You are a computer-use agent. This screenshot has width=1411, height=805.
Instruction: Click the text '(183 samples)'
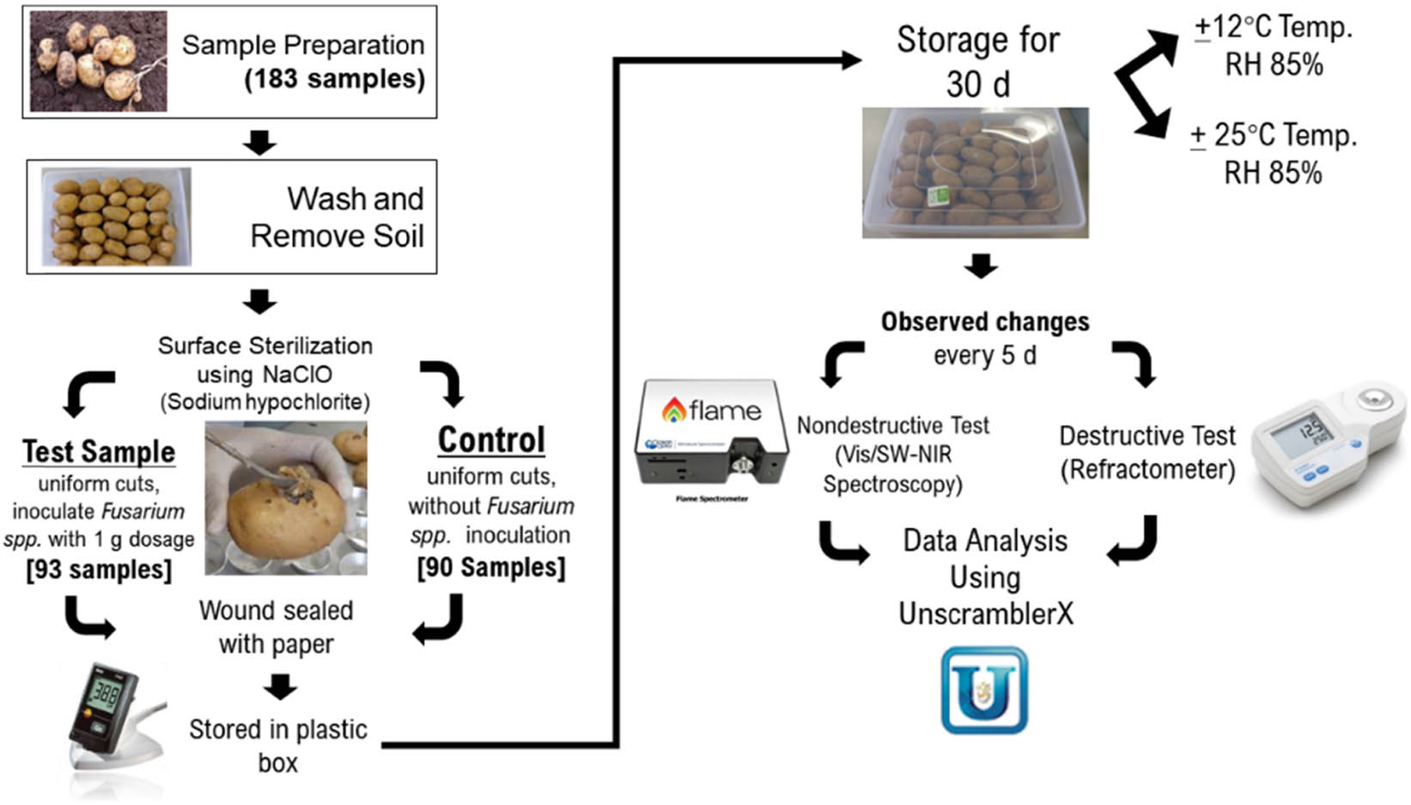334,79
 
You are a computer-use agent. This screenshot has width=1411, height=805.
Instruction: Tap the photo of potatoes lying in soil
98,61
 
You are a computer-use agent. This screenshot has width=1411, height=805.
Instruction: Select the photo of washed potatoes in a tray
116,216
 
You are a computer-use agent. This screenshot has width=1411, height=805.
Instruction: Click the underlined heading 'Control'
491,440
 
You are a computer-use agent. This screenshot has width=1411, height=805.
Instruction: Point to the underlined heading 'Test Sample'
99,451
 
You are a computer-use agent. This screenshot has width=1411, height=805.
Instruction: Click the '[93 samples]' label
99,569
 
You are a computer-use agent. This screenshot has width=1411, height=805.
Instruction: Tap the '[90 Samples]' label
491,567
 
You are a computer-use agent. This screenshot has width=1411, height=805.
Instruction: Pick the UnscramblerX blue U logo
984,691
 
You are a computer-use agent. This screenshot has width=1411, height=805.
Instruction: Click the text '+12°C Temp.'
1273,27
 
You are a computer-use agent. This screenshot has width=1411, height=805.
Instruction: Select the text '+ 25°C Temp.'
1273,135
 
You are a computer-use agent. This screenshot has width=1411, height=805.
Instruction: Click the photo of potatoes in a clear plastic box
975,173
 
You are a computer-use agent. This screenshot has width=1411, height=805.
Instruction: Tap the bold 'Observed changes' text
985,321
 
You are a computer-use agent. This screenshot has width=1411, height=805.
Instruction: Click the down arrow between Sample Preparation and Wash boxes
259,142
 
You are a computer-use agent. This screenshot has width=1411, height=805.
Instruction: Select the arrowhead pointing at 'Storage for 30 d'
850,59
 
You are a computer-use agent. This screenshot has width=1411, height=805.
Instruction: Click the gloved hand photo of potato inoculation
285,497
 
